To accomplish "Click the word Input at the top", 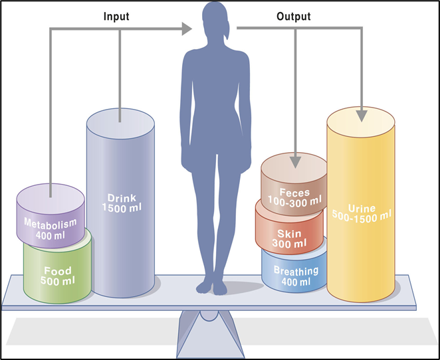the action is pos(116,16).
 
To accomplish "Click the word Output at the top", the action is pos(294,16).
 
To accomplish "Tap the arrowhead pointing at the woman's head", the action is pos(187,29).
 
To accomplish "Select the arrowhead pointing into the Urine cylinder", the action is pos(362,116).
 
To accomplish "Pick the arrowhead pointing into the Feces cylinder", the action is pos(295,162).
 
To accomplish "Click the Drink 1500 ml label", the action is pos(122,203).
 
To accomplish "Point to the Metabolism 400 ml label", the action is pos(51,228).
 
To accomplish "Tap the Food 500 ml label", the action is pos(58,276).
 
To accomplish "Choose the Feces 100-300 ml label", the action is pos(294,197).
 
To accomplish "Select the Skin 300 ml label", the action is pos(289,238).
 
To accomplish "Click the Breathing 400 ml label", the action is pos(296,276).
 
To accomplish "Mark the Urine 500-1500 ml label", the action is pos(362,213).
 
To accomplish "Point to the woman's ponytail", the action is pos(227,31).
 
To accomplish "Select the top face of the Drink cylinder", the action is pos(120,124).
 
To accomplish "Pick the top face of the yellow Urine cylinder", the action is pos(361,122).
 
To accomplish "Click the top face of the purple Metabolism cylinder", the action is pos(51,199).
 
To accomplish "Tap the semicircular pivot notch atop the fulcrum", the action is pos(209,316).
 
